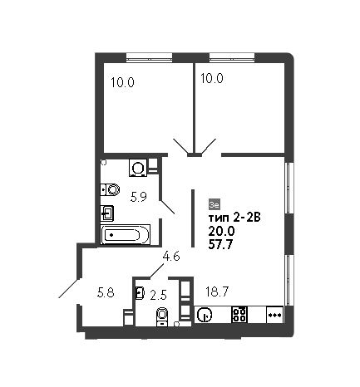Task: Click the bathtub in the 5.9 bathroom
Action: (126, 235)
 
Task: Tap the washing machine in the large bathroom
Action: (138, 168)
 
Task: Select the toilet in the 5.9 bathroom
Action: (110, 190)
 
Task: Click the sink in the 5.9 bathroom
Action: (107, 213)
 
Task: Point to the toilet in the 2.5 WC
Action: (163, 316)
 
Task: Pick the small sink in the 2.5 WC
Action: (140, 293)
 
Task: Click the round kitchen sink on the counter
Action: (205, 315)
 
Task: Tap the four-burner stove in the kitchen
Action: (239, 315)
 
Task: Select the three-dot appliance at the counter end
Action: (274, 315)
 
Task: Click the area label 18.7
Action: (217, 291)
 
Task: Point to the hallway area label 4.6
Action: (171, 256)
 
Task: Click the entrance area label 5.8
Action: (106, 292)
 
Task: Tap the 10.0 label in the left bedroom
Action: (122, 82)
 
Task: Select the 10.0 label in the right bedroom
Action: (212, 78)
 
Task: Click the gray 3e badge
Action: (215, 204)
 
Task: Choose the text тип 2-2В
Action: (234, 218)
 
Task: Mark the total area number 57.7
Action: (220, 244)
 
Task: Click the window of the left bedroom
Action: (149, 57)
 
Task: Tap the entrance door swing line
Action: (69, 289)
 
